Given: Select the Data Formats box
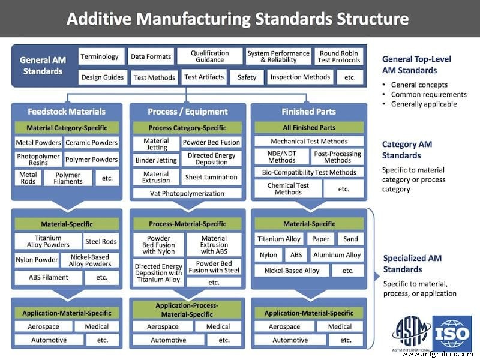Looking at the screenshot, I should point(150,56).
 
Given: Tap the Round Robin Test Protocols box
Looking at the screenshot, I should point(340,56).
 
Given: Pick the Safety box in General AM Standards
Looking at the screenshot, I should point(247,77).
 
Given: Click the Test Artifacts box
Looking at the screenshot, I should point(204,77).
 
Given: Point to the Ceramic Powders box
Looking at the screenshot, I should point(91,143).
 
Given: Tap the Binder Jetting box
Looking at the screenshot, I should point(155,160).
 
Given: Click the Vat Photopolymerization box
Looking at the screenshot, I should point(187,193).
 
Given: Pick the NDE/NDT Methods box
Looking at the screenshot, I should point(281,157).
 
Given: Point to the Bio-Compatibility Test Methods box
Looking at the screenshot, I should point(309,172).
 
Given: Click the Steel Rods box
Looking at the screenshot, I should point(101,242).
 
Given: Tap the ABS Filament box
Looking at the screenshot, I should point(48,277).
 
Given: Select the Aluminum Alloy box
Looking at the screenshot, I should point(337,255).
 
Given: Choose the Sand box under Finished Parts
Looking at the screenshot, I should point(350,239).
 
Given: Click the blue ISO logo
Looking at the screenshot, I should point(452,333).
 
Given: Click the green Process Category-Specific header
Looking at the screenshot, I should point(187,128).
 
